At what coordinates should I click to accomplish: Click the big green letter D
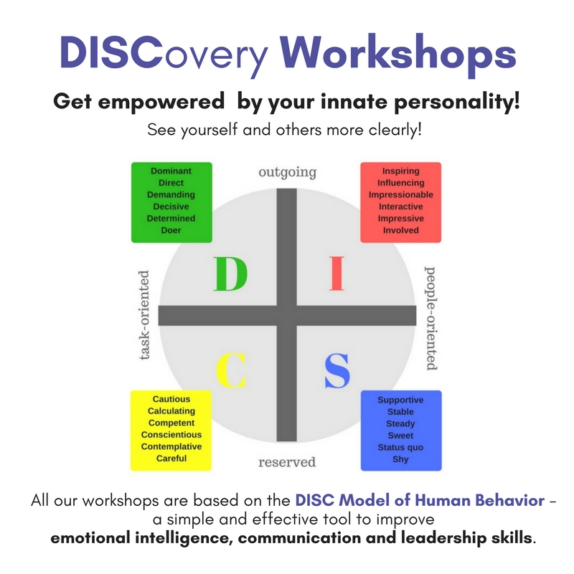230,274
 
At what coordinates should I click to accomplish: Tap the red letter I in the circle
337,273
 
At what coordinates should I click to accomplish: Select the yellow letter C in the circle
231,370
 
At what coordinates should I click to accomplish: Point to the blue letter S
337,370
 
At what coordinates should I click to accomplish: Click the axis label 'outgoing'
288,172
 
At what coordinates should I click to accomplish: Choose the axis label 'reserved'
287,462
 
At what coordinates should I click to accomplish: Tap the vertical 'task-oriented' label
145,315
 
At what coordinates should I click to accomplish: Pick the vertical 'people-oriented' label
430,318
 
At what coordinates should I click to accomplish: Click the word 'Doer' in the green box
171,230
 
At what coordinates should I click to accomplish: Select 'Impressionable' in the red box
401,194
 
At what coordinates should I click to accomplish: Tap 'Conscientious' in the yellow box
171,435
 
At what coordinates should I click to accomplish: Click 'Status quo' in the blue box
400,447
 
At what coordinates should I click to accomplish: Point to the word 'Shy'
400,459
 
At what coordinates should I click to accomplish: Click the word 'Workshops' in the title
398,55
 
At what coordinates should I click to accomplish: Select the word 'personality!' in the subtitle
457,101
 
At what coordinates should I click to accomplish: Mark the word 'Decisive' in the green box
171,207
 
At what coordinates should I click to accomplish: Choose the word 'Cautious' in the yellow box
171,399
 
